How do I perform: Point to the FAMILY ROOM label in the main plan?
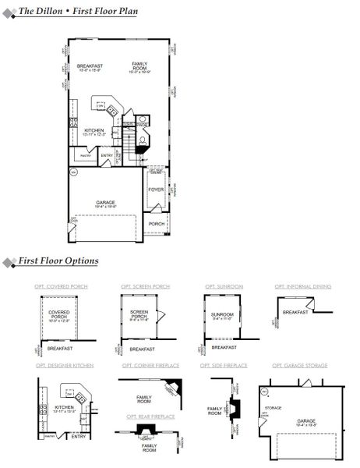(140, 66)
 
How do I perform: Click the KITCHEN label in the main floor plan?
(94, 131)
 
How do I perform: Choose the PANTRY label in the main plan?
(86, 156)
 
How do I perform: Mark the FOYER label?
(156, 190)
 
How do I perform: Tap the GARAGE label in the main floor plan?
(105, 202)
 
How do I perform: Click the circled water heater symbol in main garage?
(74, 171)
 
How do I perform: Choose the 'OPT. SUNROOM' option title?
(221, 287)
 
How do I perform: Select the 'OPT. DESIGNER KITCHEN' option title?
(63, 364)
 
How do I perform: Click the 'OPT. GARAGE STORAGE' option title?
(300, 364)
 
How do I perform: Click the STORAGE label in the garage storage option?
(273, 406)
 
